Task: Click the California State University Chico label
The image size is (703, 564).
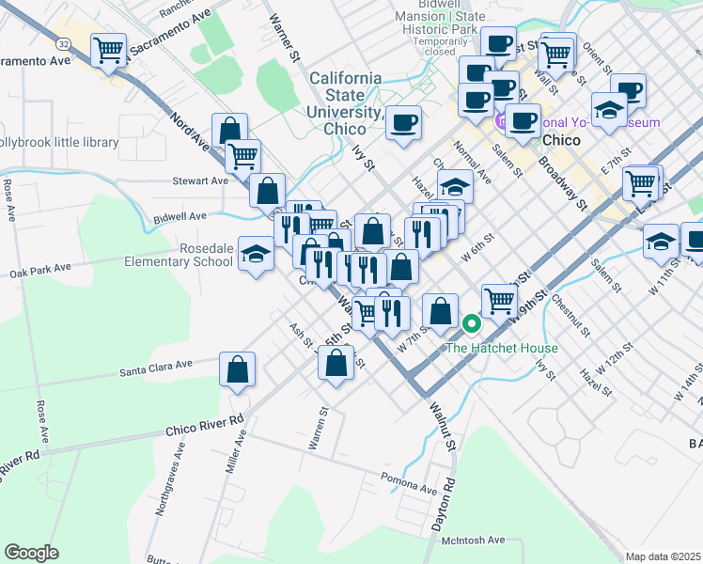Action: point(345,102)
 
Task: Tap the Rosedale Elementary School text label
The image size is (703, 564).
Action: point(179,255)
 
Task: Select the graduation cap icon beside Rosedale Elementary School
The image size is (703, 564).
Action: point(256,253)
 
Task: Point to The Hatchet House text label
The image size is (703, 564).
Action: point(501,348)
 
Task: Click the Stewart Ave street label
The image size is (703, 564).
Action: point(200,180)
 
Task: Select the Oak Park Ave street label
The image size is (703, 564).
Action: point(41,269)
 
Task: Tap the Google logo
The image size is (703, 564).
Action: point(31,553)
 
